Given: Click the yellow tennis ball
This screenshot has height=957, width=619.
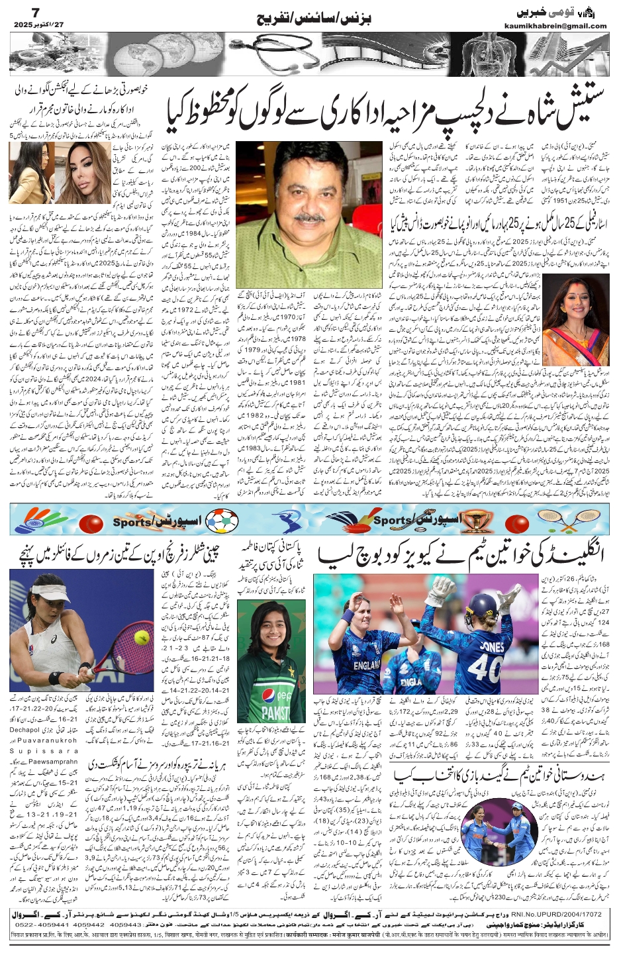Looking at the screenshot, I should tap(141, 636).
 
